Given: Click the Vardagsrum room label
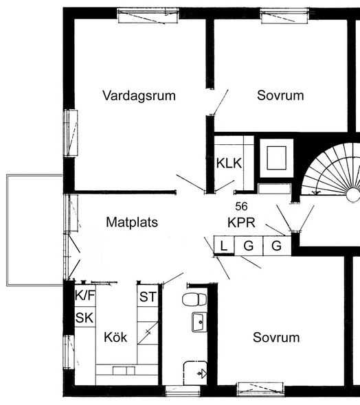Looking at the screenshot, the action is (x=139, y=95).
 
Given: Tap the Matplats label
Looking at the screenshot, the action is (x=132, y=222).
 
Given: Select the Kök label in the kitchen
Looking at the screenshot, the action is (x=115, y=337).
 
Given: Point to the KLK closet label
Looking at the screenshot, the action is (x=229, y=163).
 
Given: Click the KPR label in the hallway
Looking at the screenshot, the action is (x=241, y=222).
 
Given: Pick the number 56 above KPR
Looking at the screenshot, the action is (x=241, y=206).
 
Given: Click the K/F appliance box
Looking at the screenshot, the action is (x=85, y=295).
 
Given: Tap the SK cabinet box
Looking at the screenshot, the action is (x=85, y=317).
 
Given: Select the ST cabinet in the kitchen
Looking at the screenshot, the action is (x=148, y=296).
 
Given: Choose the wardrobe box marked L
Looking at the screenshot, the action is (x=224, y=246).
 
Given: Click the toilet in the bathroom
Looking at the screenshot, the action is (x=194, y=299).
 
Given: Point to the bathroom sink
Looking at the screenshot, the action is (x=199, y=322).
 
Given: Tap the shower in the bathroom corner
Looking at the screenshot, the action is (x=195, y=373).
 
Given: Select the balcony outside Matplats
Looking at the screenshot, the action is (x=34, y=230).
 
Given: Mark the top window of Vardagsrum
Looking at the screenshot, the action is (x=148, y=16).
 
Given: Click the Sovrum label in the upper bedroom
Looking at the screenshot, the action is (x=280, y=95).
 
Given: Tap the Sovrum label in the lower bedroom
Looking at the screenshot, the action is (x=276, y=337).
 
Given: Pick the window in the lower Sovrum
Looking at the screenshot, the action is (x=260, y=389).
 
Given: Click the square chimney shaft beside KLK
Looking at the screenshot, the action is (x=276, y=158).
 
